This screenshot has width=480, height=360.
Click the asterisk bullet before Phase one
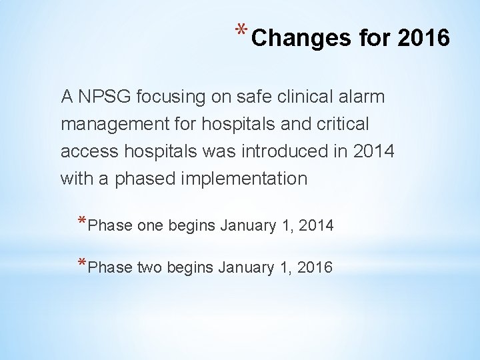[x=81, y=223]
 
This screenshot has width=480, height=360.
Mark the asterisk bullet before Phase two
[x=81, y=264]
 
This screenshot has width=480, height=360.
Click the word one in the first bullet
[x=151, y=226]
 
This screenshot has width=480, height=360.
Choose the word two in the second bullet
[x=151, y=267]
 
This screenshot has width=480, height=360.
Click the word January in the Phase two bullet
[x=243, y=267]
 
